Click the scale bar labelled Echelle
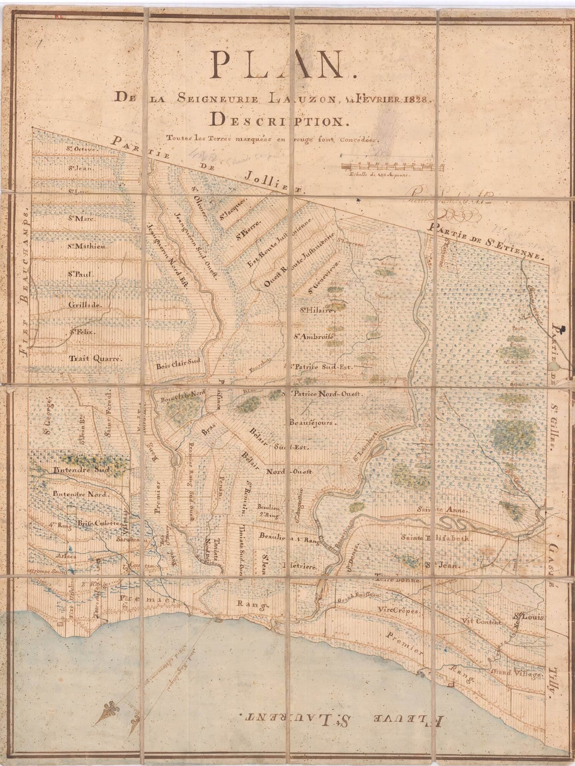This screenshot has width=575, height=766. coord(392,166)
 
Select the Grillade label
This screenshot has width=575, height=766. coord(84,305)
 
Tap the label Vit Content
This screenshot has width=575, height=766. coord(482,621)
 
